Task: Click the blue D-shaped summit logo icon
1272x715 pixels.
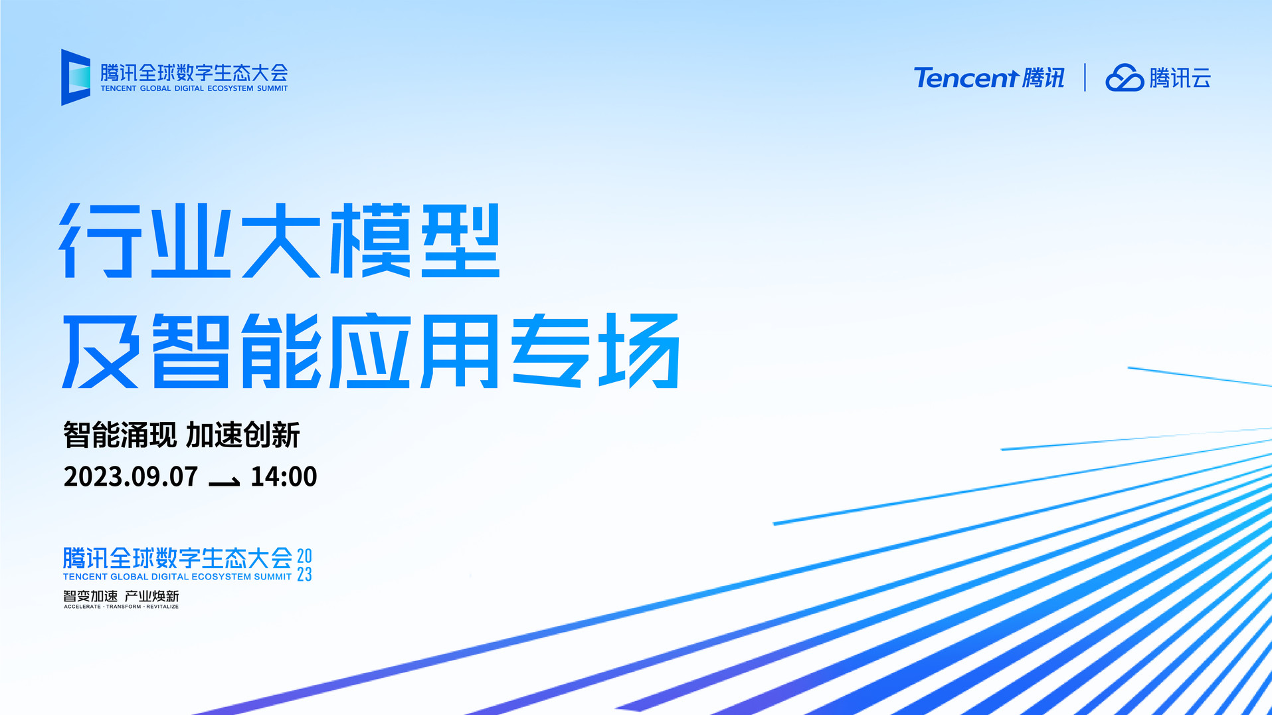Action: point(75,77)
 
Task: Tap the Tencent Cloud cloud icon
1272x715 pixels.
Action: point(1125,78)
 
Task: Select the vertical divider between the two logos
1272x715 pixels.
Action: point(1085,77)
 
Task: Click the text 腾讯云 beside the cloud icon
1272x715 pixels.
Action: point(1180,78)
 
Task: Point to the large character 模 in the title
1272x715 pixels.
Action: point(370,241)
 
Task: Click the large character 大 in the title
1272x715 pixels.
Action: point(280,241)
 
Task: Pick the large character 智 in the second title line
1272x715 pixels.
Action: point(191,351)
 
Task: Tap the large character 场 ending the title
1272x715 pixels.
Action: point(639,351)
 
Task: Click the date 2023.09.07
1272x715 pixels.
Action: point(131,476)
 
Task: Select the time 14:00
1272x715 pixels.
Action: point(284,476)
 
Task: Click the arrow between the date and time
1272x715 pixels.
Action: point(225,481)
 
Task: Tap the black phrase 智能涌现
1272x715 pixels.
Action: point(120,435)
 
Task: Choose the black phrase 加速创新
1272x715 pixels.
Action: point(243,435)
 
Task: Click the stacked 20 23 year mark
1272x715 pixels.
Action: point(304,565)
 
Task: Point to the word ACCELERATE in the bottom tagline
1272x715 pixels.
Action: point(82,607)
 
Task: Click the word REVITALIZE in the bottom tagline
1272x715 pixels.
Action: point(163,607)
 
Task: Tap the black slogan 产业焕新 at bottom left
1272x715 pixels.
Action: point(152,596)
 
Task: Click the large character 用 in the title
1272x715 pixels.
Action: point(460,351)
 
